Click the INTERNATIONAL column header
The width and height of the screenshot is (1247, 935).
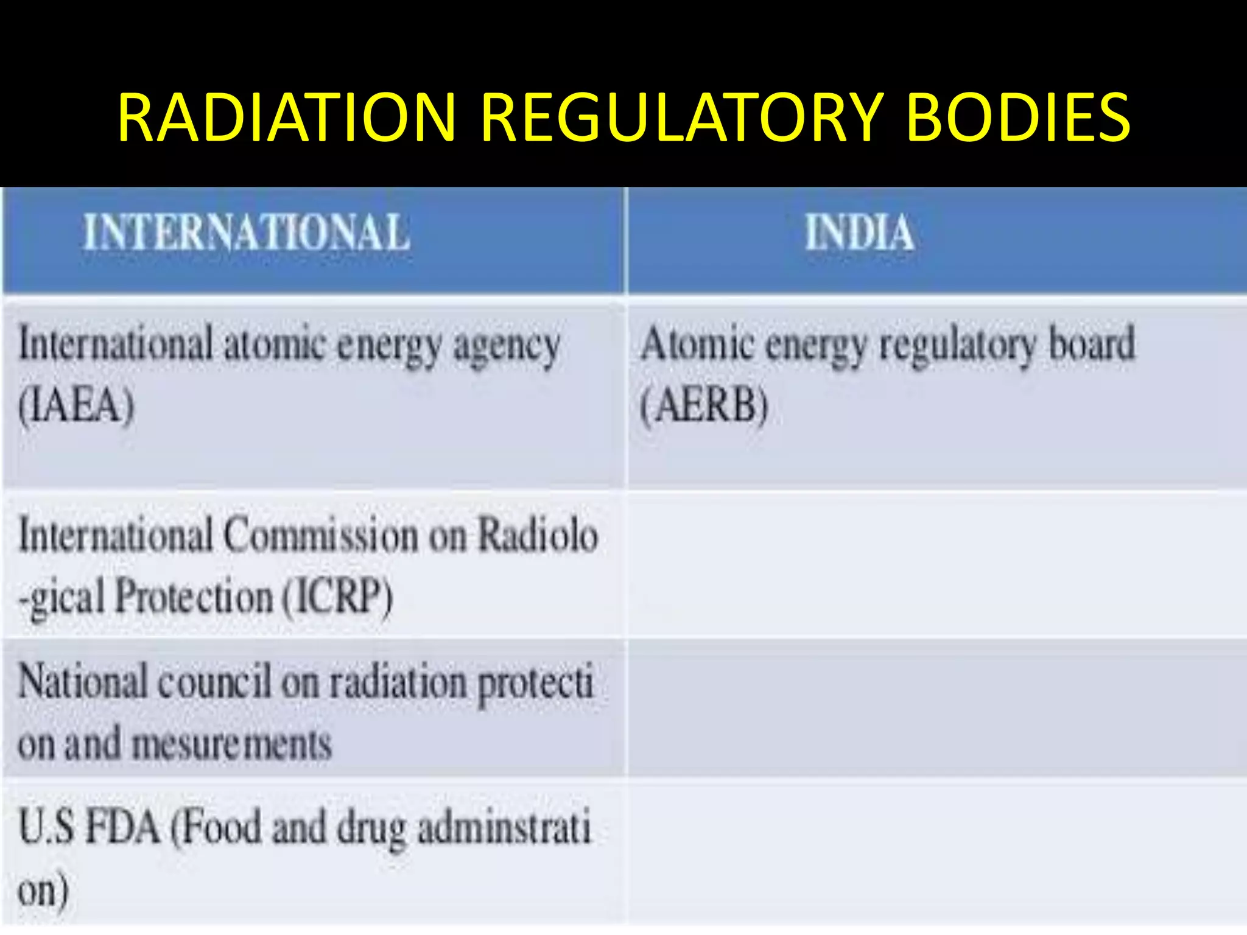[247, 233]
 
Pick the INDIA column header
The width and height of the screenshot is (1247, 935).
[859, 233]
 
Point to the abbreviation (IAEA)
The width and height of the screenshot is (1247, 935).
[77, 405]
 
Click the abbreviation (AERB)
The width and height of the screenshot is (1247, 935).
[704, 405]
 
